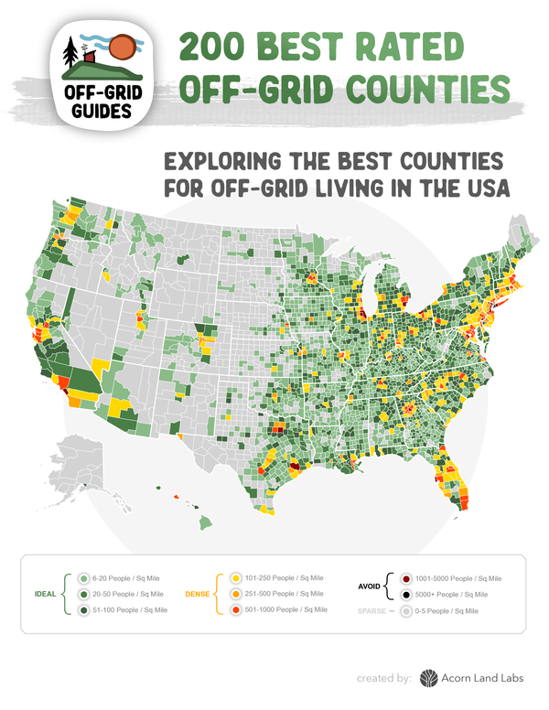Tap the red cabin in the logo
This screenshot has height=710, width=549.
89,57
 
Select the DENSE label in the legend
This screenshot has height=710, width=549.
199,593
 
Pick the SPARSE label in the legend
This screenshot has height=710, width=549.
370,608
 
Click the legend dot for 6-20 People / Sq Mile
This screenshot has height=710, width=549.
83,578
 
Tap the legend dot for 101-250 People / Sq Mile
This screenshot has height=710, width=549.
236,578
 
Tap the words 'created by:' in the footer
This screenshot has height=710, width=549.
386,679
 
